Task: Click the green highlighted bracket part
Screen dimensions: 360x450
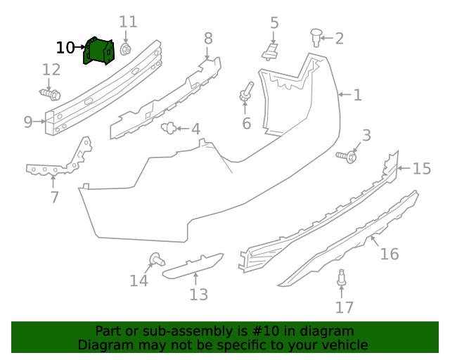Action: point(98,51)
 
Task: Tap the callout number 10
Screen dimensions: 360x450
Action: point(65,48)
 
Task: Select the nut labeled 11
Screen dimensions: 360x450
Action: point(126,49)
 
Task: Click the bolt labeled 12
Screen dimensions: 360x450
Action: point(51,94)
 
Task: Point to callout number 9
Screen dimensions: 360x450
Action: point(28,122)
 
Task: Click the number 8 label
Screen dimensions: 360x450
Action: point(208,38)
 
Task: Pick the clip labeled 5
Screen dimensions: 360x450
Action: point(272,50)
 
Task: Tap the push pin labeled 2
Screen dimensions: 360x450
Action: point(316,36)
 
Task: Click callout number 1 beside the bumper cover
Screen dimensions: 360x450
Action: point(357,95)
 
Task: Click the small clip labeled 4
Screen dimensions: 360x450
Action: point(169,128)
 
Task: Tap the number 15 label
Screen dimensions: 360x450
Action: point(421,169)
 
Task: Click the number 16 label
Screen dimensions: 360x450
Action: point(389,254)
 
